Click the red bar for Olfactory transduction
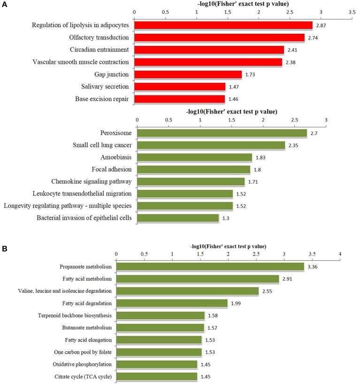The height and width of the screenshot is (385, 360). coord(220,38)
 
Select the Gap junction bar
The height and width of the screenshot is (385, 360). coord(188,75)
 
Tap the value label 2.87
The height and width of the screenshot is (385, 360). coord(321,25)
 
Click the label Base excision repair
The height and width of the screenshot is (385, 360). coord(102,99)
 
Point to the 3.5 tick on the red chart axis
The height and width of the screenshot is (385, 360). coord(352,12)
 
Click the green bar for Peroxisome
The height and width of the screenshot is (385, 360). coord(222,133)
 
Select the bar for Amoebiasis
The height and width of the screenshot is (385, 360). coord(195,158)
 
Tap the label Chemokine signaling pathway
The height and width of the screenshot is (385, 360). coord(92,181)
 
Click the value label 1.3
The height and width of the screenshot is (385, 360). coord(226,218)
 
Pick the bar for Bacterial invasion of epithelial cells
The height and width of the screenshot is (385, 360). coord(178,218)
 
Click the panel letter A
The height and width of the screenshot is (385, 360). coord(4,4)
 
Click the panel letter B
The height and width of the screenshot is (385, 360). coord(4,249)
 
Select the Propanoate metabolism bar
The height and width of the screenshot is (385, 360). coord(210,267)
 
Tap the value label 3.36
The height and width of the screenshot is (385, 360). coord(312,267)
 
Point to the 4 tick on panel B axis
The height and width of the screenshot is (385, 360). coord(340,254)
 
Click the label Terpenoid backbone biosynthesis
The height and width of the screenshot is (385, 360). coord(75,316)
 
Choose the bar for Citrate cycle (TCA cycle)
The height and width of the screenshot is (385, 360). coord(157,377)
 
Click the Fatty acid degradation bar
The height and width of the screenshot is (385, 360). coord(172,303)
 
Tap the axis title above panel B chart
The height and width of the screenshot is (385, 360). coord(228,246)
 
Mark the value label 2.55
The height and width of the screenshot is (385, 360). coord(267,291)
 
